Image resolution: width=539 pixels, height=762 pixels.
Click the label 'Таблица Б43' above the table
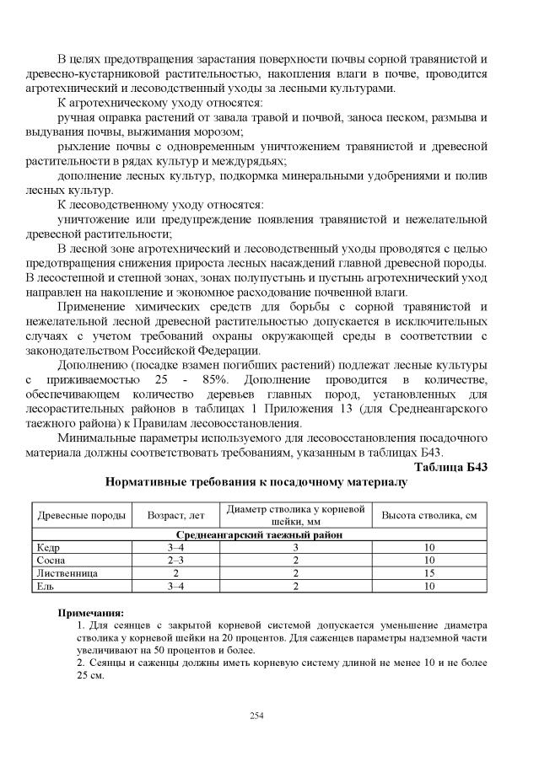451,466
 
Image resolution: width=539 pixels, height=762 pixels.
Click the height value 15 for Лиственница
429,572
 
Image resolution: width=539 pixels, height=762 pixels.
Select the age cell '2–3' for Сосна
176,560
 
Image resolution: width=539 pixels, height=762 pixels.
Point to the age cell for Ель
176,585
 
